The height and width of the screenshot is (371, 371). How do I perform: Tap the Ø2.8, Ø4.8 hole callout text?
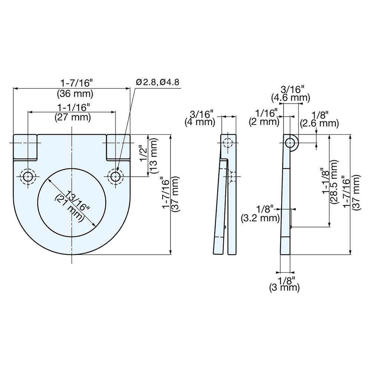[x=158, y=82]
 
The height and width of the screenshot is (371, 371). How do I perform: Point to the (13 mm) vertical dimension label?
[x=154, y=156]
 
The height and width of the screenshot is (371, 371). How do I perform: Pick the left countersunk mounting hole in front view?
[x=28, y=177]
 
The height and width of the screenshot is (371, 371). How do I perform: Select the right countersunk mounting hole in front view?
[x=116, y=177]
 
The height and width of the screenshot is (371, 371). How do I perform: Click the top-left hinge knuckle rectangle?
[x=25, y=147]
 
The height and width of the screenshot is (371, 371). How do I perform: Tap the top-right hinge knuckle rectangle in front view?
[x=118, y=147]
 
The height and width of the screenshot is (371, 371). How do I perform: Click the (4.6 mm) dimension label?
[x=290, y=98]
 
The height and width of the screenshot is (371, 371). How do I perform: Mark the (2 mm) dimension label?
[x=265, y=122]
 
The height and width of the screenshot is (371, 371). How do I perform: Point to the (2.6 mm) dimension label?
[x=319, y=123]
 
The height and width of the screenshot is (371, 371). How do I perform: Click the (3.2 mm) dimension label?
[x=260, y=218]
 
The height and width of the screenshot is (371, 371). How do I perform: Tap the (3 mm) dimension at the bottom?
[x=285, y=287]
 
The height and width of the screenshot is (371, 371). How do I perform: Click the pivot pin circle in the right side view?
[x=290, y=142]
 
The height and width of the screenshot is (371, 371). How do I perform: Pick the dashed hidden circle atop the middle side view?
[x=227, y=143]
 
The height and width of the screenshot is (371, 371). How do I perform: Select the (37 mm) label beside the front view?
[x=175, y=194]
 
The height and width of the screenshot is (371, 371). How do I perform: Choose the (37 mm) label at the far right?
[x=356, y=194]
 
